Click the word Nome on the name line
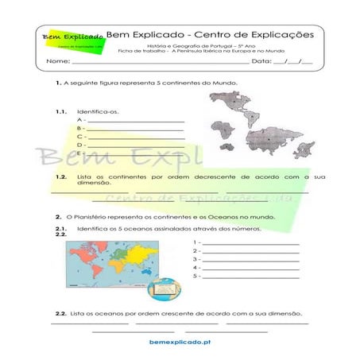coord(57,61)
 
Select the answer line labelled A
coord(136,119)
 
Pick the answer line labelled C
coord(136,136)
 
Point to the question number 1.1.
coord(60,111)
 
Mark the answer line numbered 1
coord(250,242)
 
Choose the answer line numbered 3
coord(250,259)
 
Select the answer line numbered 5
coord(250,277)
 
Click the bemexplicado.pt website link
coord(180,341)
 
